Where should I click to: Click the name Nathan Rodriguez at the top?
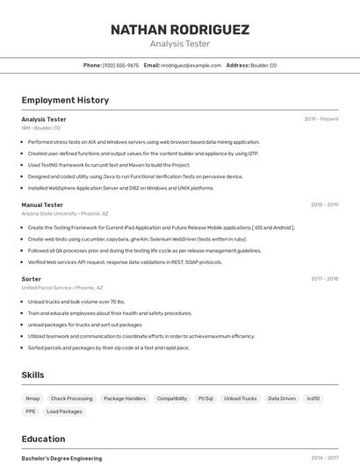[180, 30]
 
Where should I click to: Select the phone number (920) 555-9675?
[120, 65]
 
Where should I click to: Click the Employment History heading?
[65, 100]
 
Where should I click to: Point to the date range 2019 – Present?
[321, 118]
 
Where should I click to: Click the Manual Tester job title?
[42, 204]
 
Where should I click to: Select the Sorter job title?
[31, 279]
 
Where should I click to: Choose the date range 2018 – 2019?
[324, 204]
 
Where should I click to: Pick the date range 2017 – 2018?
[324, 279]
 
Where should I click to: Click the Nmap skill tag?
[32, 398]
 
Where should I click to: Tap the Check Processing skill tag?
[71, 398]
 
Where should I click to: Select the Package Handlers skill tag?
[125, 398]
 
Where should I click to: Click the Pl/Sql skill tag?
[205, 398]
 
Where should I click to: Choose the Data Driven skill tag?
[282, 398]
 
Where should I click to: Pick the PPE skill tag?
[31, 411]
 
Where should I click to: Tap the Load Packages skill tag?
[64, 411]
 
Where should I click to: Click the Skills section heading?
[32, 375]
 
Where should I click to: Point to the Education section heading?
[43, 439]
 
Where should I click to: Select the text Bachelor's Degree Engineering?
[61, 458]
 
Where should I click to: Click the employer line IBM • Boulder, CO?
[40, 128]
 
